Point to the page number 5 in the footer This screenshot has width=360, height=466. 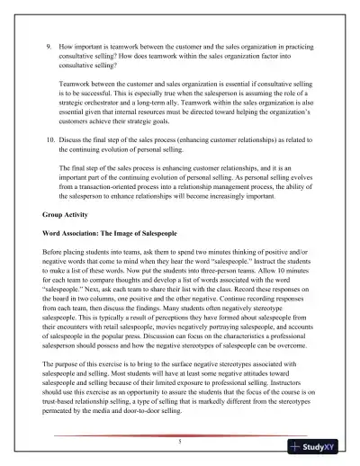[180, 442]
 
